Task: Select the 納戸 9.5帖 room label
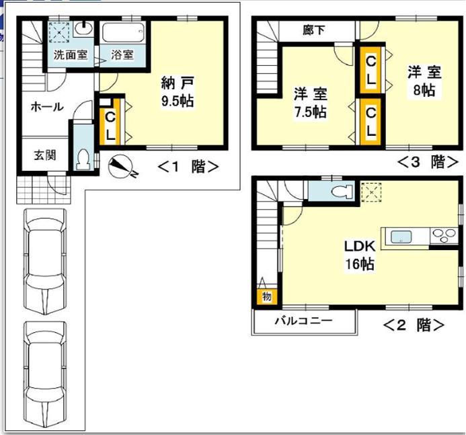click(x=178, y=92)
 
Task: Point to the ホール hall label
click(x=46, y=107)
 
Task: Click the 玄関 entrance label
click(x=45, y=155)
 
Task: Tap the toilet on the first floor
click(x=84, y=159)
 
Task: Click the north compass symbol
click(x=122, y=166)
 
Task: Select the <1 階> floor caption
click(x=188, y=167)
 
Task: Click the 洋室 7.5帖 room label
click(x=310, y=103)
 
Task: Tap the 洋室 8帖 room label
click(x=424, y=80)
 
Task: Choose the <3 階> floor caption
click(x=427, y=162)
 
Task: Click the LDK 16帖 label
click(x=360, y=255)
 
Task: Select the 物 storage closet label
click(x=266, y=296)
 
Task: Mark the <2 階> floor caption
click(x=413, y=325)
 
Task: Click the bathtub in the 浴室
click(x=122, y=31)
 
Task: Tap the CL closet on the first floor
click(x=110, y=124)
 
